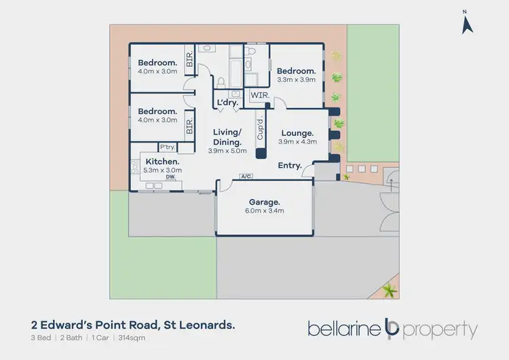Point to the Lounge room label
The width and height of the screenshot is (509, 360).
tap(295, 133)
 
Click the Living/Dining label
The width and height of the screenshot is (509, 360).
tap(227, 137)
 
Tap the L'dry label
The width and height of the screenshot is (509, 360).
tap(225, 103)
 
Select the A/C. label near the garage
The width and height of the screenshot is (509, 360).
tap(246, 177)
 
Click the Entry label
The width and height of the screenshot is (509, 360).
tap(290, 166)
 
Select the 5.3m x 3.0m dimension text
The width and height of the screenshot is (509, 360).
tap(163, 170)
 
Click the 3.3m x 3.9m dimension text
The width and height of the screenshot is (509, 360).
tap(296, 80)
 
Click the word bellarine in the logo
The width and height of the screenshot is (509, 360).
tap(345, 329)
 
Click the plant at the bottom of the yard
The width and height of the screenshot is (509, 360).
tap(388, 291)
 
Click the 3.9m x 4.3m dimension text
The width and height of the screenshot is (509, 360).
tap(296, 142)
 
